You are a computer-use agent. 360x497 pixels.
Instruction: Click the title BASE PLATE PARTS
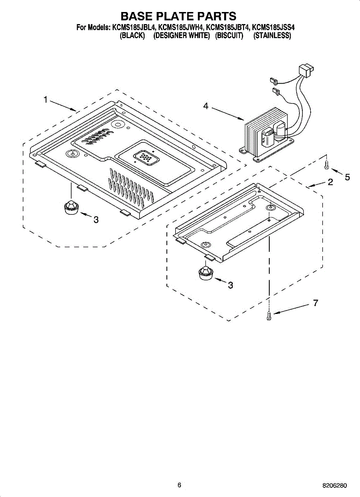tap(178, 16)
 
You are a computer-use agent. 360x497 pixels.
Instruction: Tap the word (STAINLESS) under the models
tap(272, 36)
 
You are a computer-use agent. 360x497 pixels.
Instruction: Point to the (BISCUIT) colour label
tap(229, 36)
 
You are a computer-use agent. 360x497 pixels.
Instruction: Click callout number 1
tap(46, 99)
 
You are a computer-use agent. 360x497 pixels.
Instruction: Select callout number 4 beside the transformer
tap(206, 106)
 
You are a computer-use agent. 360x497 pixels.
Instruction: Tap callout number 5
tap(347, 177)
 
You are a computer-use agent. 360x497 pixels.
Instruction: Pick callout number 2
tap(330, 182)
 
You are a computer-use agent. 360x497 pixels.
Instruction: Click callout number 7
tap(315, 303)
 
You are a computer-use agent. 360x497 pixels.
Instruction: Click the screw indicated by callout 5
tap(327, 165)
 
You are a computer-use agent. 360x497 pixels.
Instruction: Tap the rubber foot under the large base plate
tap(71, 206)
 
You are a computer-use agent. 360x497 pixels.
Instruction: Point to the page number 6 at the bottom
tap(179, 485)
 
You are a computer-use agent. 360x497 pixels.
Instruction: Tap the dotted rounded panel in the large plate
tap(145, 158)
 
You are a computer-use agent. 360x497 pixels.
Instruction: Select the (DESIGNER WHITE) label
tap(181, 36)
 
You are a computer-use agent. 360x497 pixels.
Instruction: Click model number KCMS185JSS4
tap(273, 28)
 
